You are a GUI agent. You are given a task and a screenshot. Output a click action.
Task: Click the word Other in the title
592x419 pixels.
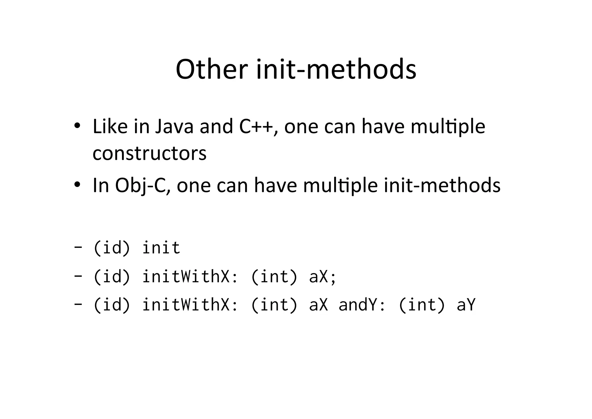tap(212, 69)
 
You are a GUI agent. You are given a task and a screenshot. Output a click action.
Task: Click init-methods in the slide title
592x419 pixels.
tap(336, 69)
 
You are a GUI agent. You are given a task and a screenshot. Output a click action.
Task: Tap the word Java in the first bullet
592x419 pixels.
tap(174, 127)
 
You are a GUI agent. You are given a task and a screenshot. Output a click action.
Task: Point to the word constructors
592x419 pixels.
tap(149, 153)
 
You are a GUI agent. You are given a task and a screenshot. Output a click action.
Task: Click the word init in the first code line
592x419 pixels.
tap(161, 248)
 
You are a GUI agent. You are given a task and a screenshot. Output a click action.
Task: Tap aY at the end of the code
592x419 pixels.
tap(466, 305)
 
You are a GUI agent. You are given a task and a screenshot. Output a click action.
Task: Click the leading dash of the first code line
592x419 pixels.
tap(77, 248)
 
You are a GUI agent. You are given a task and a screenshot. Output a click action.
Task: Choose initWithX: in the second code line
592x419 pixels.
tap(190, 277)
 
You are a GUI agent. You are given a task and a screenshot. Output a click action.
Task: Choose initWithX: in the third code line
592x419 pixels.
tap(190, 305)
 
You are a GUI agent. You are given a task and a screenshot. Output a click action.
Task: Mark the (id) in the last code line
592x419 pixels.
tap(112, 305)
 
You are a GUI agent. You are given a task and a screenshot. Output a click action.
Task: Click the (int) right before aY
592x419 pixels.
tap(421, 305)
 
